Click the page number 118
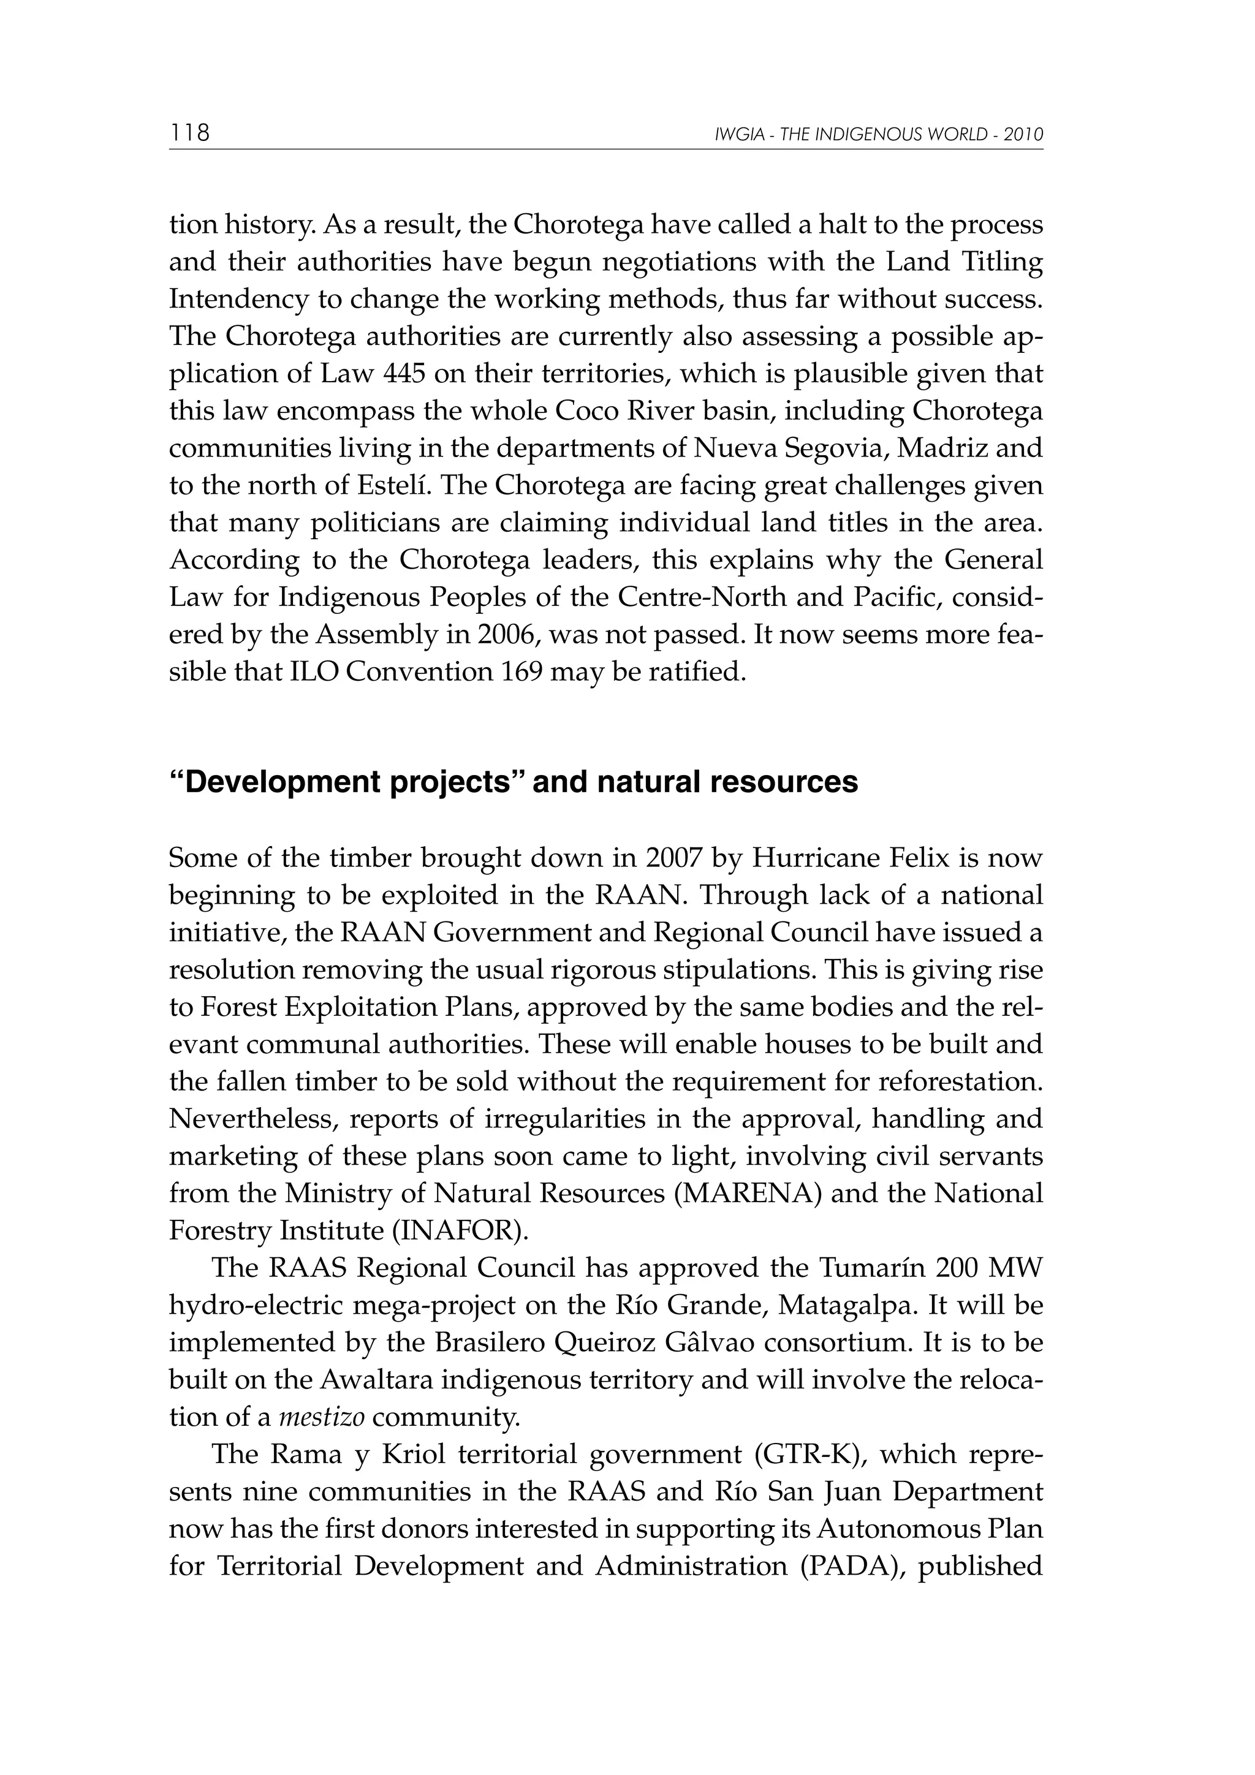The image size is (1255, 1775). pyautogui.click(x=189, y=133)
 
